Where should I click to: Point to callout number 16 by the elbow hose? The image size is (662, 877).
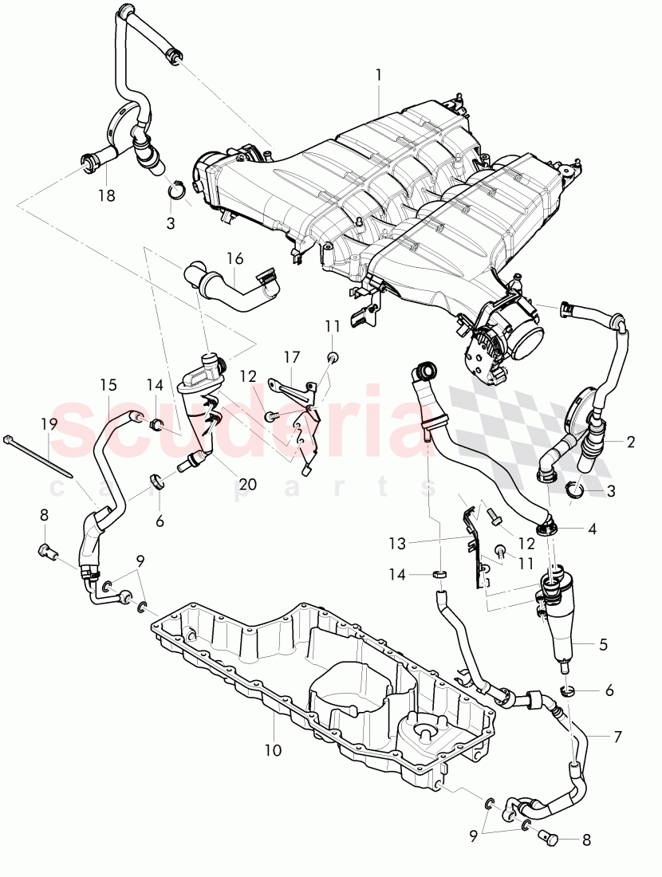(x=234, y=258)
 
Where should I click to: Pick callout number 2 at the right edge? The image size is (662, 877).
(x=630, y=441)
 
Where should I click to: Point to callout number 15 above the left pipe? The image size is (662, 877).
(x=108, y=385)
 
